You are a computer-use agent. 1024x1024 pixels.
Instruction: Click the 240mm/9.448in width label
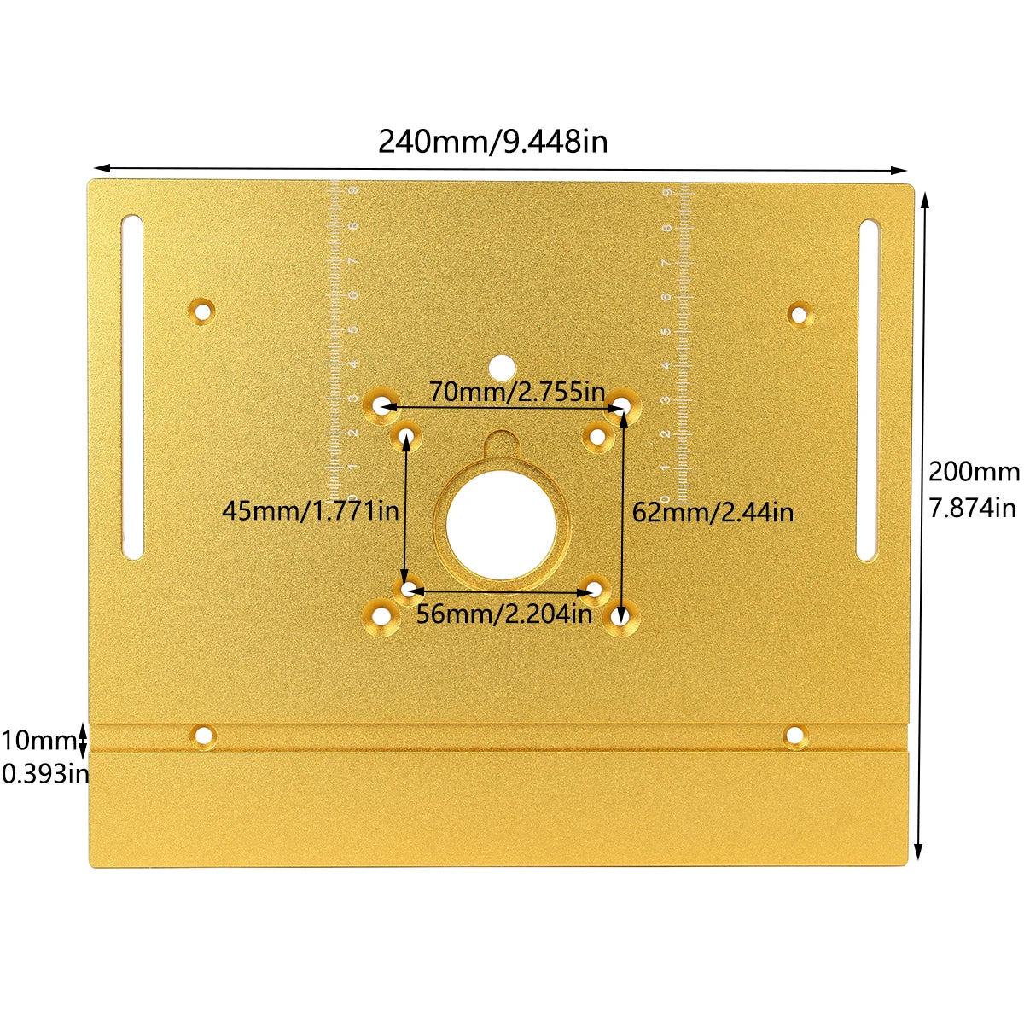(493, 141)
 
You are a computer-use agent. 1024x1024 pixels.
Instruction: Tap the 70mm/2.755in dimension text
(516, 393)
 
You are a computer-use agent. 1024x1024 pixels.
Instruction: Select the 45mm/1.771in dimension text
(311, 511)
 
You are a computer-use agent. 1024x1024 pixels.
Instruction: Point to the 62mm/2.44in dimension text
(713, 512)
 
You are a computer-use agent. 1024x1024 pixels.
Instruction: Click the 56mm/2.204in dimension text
(503, 614)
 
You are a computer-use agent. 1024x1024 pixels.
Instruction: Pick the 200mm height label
(974, 471)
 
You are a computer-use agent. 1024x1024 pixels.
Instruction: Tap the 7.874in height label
(974, 509)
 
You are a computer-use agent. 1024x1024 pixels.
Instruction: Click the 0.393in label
(44, 774)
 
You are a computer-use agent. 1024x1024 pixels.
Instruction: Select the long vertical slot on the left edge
(133, 387)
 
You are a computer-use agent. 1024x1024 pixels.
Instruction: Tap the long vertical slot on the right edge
(868, 390)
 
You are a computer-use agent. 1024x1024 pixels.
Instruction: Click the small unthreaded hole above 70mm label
(501, 367)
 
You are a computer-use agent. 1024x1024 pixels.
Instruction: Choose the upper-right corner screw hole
(800, 315)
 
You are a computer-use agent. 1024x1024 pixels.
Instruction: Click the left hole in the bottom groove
(204, 735)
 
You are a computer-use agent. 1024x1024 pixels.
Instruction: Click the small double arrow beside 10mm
(83, 739)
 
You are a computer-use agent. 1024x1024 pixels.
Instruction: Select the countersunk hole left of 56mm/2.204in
(381, 614)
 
